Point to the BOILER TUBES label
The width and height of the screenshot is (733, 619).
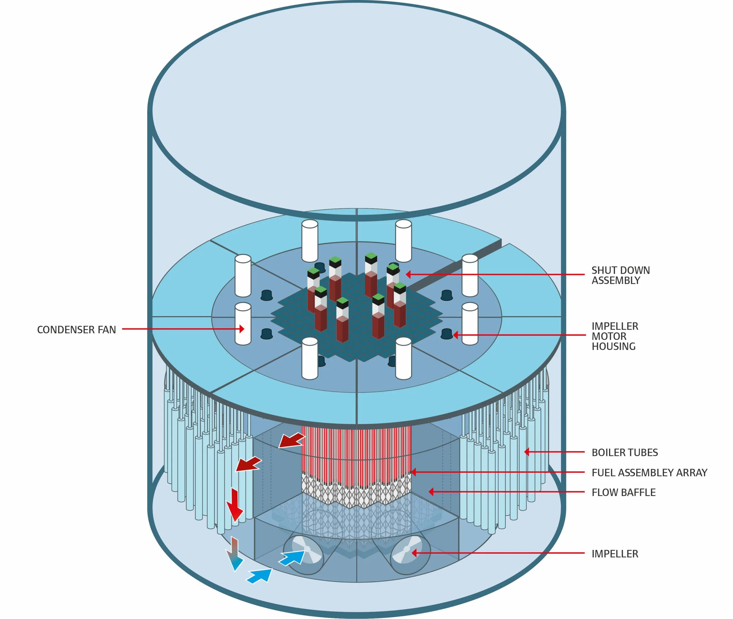624,452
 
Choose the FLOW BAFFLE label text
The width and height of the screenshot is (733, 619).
623,492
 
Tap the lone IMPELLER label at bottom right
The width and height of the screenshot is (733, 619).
615,554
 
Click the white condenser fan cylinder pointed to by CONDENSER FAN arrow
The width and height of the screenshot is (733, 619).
243,324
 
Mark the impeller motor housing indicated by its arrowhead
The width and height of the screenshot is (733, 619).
447,333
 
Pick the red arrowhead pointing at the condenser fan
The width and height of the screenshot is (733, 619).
242,329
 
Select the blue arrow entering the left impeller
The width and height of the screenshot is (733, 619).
291,557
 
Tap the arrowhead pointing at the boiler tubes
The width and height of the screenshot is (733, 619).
527,452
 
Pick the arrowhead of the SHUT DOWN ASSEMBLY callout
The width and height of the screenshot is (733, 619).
408,274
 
